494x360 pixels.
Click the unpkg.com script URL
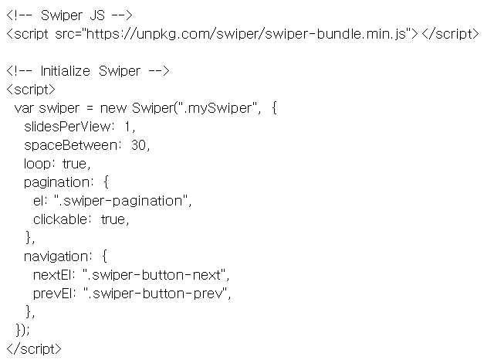[x=246, y=34]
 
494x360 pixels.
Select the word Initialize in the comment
[x=65, y=71]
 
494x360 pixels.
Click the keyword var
[x=24, y=108]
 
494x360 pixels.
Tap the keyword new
[x=113, y=108]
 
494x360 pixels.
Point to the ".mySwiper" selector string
[x=218, y=108]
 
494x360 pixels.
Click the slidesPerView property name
[x=66, y=127]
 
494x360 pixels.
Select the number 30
[x=138, y=145]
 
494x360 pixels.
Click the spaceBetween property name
[x=70, y=145]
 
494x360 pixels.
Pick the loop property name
[x=37, y=164]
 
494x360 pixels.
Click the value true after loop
[x=74, y=164]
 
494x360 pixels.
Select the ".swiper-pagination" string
[x=121, y=201]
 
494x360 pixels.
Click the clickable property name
[x=60, y=219]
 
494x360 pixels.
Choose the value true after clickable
[x=113, y=219]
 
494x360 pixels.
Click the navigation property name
[x=56, y=256]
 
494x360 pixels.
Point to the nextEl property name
[x=52, y=275]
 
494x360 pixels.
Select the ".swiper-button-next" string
[x=154, y=275]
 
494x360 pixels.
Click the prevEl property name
[x=52, y=294]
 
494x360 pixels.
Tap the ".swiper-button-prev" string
[x=155, y=294]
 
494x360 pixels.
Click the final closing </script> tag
[x=34, y=349]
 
